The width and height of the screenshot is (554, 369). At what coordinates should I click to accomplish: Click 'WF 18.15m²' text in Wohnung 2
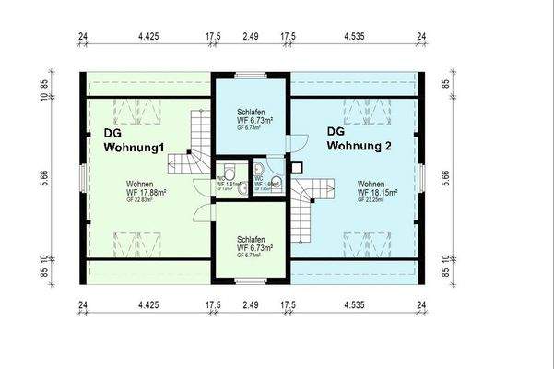378,193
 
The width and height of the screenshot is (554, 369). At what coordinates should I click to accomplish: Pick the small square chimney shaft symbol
297,168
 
